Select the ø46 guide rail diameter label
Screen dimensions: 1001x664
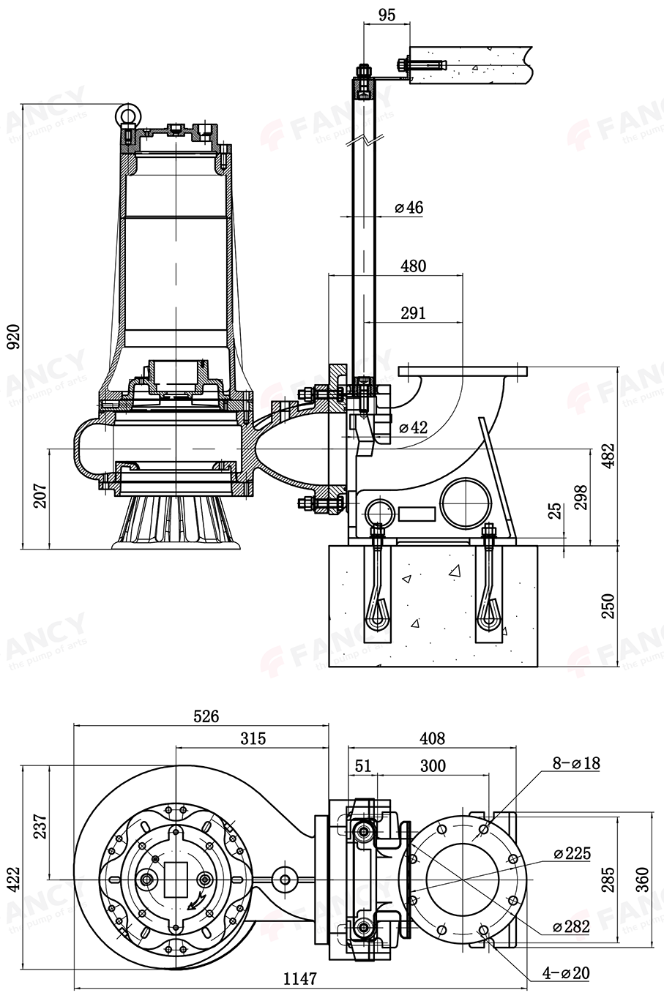409,208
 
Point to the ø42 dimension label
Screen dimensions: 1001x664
412,427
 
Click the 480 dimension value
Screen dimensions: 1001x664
413,266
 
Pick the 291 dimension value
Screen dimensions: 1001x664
413,313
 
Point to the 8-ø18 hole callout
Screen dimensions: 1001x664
576,763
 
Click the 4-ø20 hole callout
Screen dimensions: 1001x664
566,972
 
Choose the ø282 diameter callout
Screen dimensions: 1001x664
572,926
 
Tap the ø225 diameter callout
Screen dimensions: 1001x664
572,853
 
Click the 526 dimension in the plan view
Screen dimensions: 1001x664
206,716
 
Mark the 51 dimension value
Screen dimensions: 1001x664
363,765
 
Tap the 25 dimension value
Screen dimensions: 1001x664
554,510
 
